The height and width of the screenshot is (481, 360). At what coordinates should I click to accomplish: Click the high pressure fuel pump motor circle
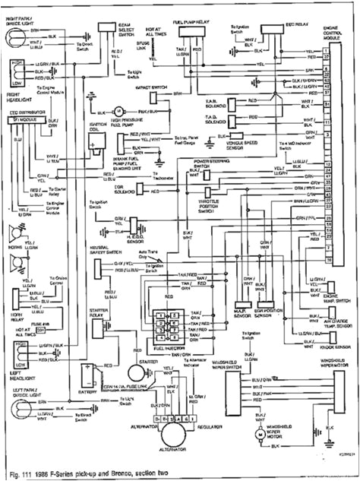(118, 111)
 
